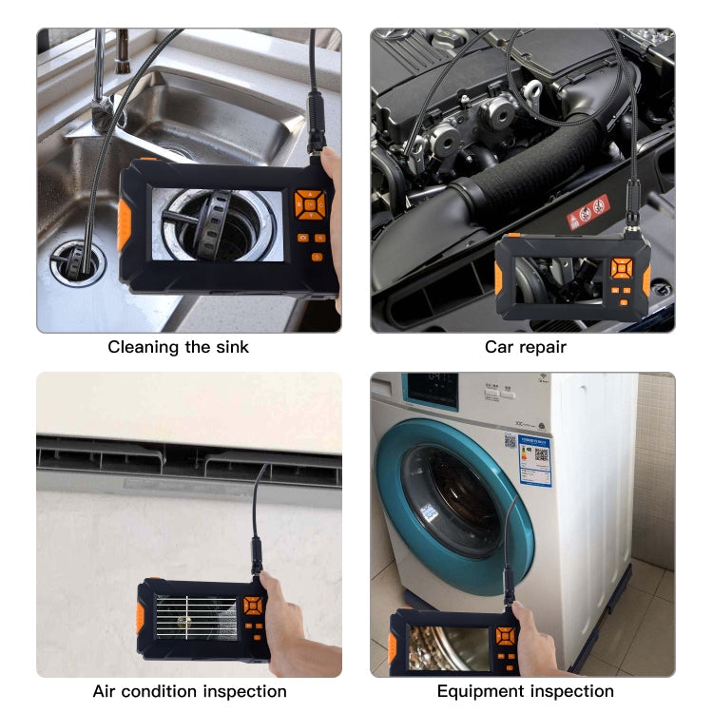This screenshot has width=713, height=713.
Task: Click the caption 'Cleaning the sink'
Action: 178,347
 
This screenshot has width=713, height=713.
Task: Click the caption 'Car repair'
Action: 525,347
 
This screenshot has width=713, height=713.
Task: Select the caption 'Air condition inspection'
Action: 189,691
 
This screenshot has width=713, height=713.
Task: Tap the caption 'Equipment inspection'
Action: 525,691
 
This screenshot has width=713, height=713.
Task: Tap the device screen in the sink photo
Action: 218,225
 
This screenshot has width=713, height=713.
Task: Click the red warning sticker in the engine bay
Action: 588,211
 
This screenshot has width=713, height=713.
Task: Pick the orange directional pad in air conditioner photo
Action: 252,606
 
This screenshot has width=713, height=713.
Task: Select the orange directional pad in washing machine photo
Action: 506,635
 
